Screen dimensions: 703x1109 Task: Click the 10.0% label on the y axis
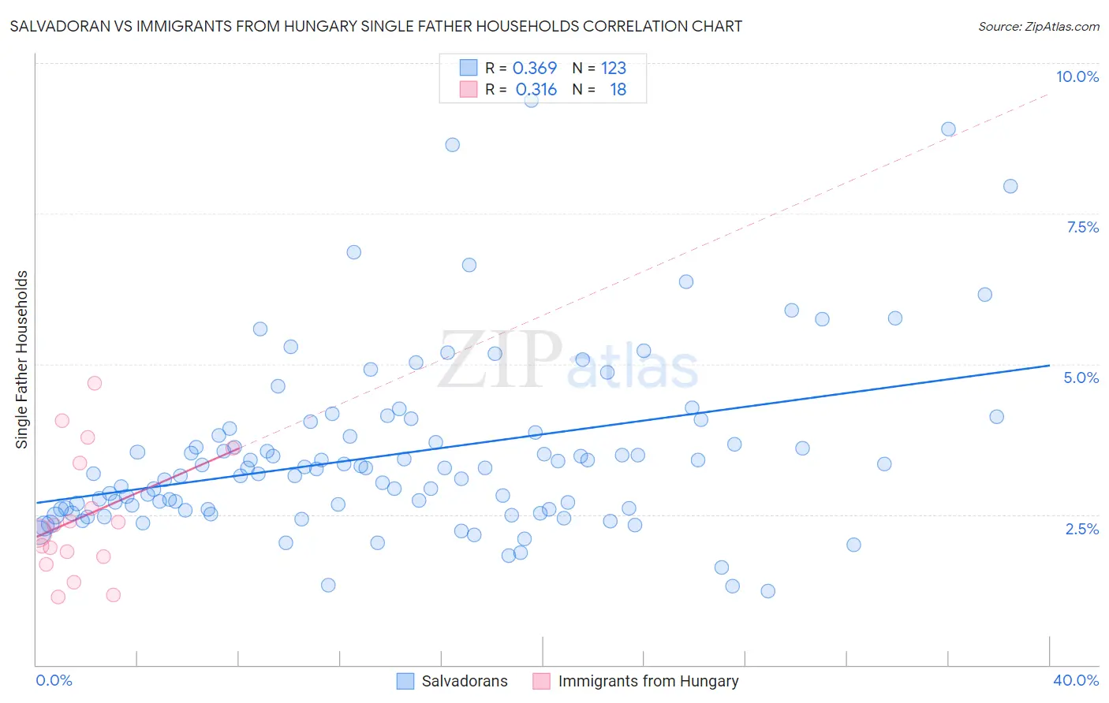[x=1077, y=76]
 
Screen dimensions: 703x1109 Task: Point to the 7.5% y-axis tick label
[x=1082, y=227]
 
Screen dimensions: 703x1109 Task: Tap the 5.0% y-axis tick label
[x=1081, y=378]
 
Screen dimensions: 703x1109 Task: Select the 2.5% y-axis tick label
[x=1081, y=529]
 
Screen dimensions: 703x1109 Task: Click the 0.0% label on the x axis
[x=54, y=680]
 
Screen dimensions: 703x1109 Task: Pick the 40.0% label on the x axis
[x=1075, y=680]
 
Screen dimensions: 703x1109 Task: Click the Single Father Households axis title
[x=22, y=359]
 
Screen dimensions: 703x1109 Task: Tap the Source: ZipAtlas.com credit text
[x=1038, y=26]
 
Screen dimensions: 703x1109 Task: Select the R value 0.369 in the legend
[x=535, y=68]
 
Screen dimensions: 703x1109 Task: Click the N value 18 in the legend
[x=618, y=90]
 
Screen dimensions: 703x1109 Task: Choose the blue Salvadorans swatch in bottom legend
[x=405, y=681]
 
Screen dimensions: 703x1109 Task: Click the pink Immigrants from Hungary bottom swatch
[x=541, y=681]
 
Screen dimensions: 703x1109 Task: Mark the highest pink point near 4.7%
[x=95, y=383]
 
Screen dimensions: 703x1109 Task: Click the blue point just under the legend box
[x=531, y=100]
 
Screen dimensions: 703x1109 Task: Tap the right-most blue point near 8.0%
[x=1010, y=186]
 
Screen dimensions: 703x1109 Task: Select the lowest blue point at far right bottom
[x=767, y=591]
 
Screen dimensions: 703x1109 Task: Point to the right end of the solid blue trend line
[x=1049, y=366]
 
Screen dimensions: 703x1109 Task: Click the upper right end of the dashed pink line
[x=1049, y=94]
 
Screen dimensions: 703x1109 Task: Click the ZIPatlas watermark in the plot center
[x=568, y=359]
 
